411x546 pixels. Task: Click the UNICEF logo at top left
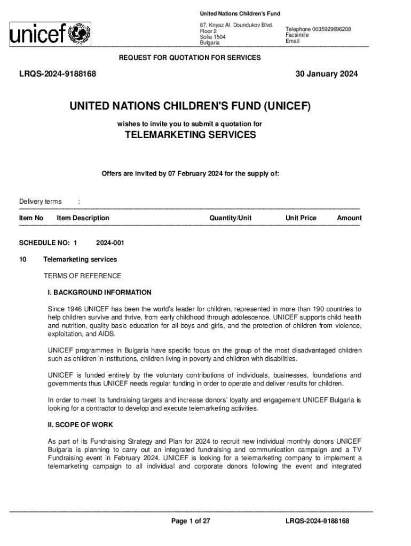tap(50, 34)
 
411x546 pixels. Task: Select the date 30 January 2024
tap(327, 74)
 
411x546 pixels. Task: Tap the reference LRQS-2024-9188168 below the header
tap(58, 74)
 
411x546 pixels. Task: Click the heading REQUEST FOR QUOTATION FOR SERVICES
tap(189, 58)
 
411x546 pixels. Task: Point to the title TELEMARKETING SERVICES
tap(190, 135)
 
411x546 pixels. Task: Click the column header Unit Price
tap(301, 218)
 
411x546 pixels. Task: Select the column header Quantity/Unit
tap(231, 218)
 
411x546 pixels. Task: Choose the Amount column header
tap(349, 218)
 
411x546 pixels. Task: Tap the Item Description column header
tap(83, 218)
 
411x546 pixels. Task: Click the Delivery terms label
tap(41, 202)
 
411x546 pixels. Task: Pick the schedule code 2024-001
tap(110, 243)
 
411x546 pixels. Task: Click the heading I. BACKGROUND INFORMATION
tap(99, 293)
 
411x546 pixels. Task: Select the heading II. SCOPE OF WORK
tap(80, 425)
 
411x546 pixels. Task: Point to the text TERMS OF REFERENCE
tap(82, 276)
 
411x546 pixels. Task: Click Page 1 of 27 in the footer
tap(191, 521)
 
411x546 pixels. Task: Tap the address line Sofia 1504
tap(212, 37)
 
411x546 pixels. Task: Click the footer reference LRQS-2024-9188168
tap(317, 521)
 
